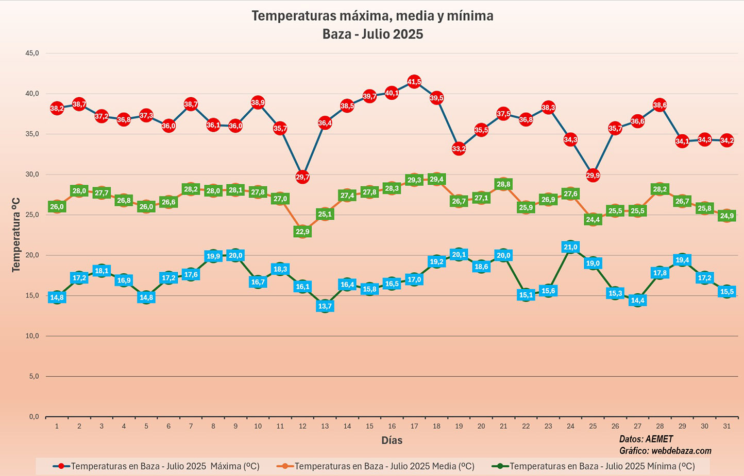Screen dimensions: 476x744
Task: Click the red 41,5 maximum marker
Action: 414,82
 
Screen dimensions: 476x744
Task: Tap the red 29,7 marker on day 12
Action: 302,177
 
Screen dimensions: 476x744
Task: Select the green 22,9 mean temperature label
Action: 302,232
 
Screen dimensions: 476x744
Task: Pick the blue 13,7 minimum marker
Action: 325,306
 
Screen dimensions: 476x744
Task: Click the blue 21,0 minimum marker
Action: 570,247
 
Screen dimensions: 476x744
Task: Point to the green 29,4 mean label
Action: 436,179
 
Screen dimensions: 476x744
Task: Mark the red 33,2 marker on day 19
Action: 459,149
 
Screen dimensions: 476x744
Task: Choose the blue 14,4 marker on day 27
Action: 637,301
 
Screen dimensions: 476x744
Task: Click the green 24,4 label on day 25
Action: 593,220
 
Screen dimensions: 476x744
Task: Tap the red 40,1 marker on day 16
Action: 392,93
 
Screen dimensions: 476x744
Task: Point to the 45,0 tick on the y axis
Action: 32,53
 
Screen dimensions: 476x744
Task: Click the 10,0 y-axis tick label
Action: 32,336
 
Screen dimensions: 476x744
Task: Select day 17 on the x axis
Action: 414,426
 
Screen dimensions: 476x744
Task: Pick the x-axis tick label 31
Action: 727,426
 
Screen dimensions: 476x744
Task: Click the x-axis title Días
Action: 392,440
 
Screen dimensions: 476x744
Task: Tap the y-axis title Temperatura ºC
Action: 16,234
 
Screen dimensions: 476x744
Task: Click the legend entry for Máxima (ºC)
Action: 157,466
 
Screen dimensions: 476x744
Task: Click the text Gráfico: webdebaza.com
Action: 665,451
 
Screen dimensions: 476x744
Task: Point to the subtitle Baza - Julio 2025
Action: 373,34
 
